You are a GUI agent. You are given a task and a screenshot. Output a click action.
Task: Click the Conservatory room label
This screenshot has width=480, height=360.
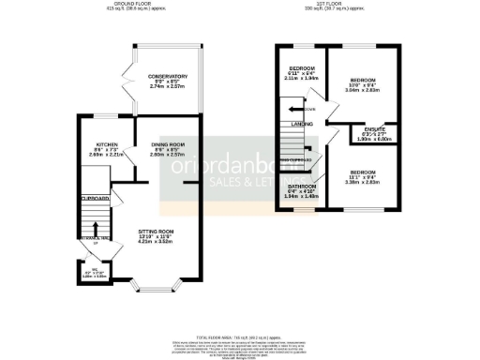[160, 77]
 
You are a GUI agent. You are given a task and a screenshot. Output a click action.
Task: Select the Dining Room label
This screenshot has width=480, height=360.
[164, 143]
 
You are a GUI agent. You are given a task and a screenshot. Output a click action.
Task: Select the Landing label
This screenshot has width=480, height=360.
[301, 124]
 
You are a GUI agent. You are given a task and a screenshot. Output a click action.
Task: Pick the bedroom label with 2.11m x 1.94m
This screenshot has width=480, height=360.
[301, 68]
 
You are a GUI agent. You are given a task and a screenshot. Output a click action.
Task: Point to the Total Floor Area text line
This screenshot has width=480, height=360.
[240, 335]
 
